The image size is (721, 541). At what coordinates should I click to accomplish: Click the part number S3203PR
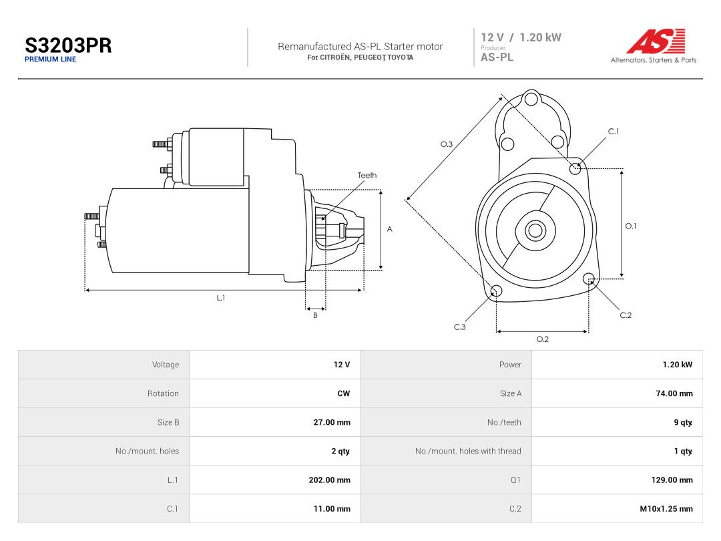click(x=68, y=45)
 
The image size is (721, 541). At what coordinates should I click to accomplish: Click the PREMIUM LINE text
click(x=50, y=59)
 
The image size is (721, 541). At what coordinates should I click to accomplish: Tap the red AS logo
click(x=656, y=41)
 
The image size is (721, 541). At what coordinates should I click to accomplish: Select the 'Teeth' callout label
click(x=367, y=175)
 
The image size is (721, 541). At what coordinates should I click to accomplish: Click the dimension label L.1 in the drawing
click(x=221, y=298)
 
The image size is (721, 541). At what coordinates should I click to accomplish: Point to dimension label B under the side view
click(x=315, y=315)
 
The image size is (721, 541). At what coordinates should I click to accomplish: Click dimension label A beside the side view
click(x=389, y=229)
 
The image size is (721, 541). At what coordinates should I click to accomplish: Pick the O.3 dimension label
click(x=447, y=144)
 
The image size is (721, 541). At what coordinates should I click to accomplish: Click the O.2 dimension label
click(x=543, y=339)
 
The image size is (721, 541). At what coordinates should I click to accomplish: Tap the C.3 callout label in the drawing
click(x=460, y=327)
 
